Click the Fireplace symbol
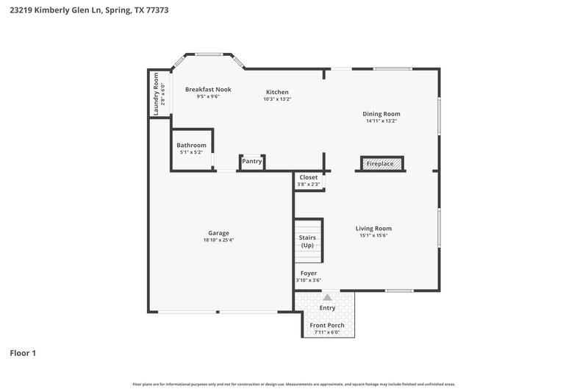point(380,163)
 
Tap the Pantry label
point(252,161)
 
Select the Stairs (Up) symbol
point(308,241)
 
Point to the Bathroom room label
point(192,145)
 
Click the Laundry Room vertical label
point(156,94)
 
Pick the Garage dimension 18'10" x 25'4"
point(218,240)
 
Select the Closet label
point(309,177)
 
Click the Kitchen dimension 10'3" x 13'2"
point(277,99)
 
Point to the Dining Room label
point(381,114)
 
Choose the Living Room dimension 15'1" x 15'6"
point(373,235)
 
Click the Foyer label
point(309,273)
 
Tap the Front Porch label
point(327,325)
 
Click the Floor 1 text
point(23,353)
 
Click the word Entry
point(327,307)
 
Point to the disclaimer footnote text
point(294,384)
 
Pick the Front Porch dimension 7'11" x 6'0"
point(327,332)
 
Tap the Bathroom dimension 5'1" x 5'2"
point(192,152)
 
